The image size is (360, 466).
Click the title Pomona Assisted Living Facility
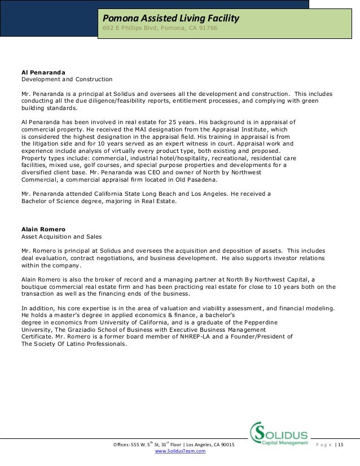pos(170,19)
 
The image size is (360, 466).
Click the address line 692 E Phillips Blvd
pos(159,29)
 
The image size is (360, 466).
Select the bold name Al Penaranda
pos(43,72)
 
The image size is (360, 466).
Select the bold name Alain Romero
pos(43,229)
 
